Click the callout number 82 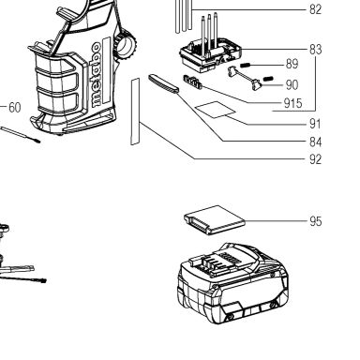[x=315, y=9]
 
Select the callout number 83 [x=315, y=50]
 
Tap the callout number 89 [x=292, y=64]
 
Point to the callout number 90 [x=292, y=85]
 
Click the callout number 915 [x=292, y=103]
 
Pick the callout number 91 [x=315, y=124]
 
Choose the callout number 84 [x=315, y=142]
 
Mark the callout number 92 [x=315, y=159]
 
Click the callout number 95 [x=316, y=221]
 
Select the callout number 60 [x=15, y=108]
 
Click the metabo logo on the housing [x=97, y=74]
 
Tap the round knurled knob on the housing [x=126, y=45]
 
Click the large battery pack [x=232, y=283]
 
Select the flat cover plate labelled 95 [x=215, y=220]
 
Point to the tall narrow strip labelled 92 [x=135, y=112]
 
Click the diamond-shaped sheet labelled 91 [x=215, y=110]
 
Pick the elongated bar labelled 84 [x=163, y=83]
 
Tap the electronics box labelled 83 [x=211, y=53]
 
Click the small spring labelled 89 [x=245, y=66]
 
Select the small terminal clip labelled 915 [x=192, y=82]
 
